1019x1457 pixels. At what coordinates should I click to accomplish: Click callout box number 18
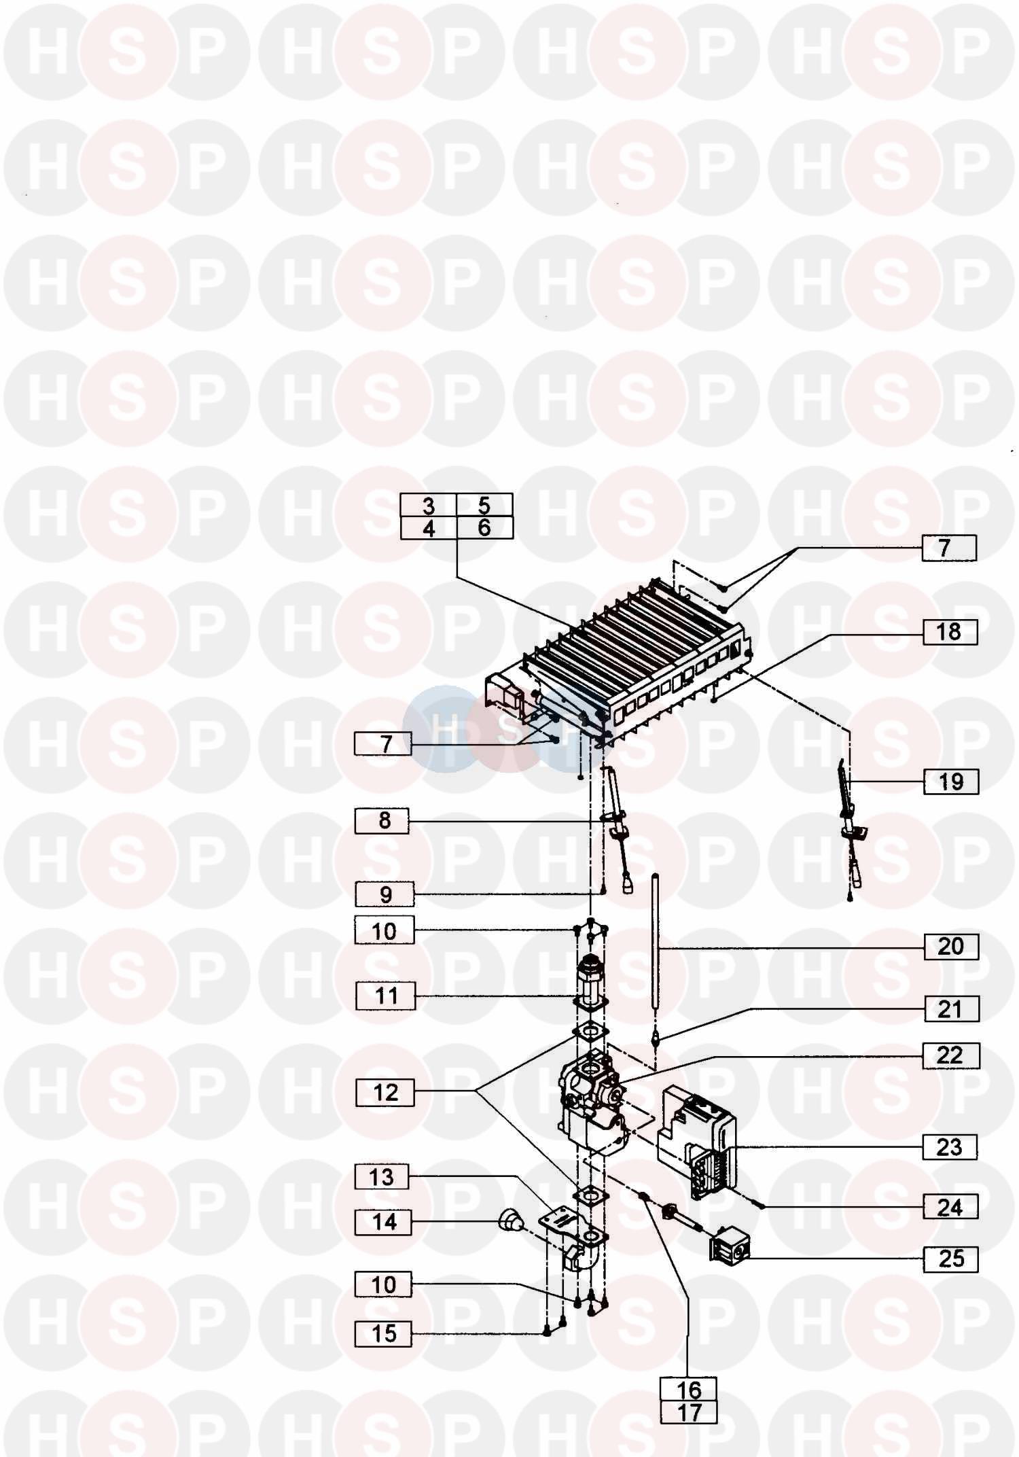pos(950,632)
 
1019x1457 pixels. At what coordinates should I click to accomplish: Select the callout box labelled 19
pos(951,782)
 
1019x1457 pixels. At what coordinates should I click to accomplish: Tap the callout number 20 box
pos(951,947)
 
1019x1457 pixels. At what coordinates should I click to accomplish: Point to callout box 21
pos(951,1009)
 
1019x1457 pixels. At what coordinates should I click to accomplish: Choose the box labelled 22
pos(951,1056)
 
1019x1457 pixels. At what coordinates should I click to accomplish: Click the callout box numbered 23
pos(950,1147)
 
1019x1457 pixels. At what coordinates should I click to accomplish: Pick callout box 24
pos(950,1208)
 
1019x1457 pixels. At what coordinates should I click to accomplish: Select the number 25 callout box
pos(951,1259)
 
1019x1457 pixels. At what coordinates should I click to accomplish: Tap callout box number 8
pos(382,821)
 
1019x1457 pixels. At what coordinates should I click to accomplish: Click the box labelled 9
pos(385,894)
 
